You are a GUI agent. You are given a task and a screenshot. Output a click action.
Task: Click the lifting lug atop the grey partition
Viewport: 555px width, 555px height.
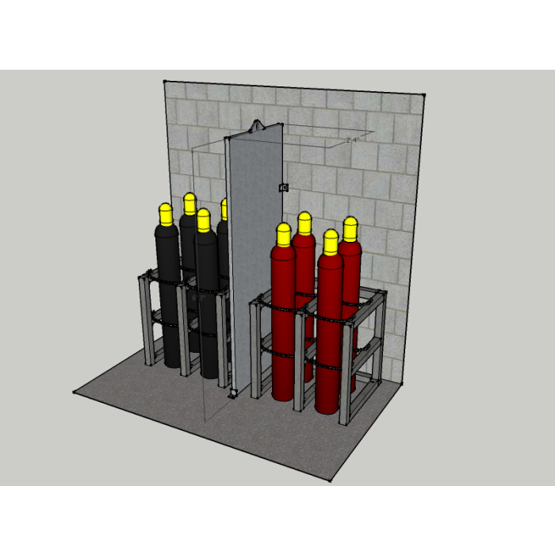[x=258, y=125]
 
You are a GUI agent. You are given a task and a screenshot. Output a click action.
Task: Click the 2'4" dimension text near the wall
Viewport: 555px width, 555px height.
[x=353, y=140]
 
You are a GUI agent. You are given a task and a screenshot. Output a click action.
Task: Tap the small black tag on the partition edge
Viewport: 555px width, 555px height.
[x=283, y=187]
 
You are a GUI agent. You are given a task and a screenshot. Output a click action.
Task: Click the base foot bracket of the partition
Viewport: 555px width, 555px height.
[x=233, y=392]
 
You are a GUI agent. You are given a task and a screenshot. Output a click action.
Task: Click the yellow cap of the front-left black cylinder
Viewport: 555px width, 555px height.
[x=166, y=213]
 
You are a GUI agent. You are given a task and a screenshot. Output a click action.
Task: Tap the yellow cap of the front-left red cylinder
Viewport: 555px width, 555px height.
[x=284, y=234]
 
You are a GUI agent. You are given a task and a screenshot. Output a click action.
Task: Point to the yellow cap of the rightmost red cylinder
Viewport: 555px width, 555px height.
[x=350, y=228]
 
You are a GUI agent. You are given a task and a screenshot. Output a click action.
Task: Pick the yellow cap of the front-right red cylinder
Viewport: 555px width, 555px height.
[x=330, y=241]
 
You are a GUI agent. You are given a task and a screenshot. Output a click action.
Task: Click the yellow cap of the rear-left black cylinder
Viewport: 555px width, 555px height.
[x=189, y=203]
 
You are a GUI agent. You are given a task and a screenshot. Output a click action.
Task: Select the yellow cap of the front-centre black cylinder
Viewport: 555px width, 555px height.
[x=204, y=220]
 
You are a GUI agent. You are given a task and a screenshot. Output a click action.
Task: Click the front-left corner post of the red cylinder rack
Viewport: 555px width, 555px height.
[x=256, y=349]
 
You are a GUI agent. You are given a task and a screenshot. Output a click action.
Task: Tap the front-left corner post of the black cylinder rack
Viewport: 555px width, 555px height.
[x=147, y=321]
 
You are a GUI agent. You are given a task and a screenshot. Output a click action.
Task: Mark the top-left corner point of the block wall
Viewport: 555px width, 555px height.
[x=164, y=81]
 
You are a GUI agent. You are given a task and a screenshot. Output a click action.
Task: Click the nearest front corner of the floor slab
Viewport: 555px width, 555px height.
[x=332, y=481]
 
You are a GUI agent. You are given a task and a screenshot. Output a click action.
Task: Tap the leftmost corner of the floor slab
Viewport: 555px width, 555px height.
[x=75, y=392]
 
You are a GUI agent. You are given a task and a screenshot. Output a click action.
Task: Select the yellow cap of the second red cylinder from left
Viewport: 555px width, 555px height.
[x=304, y=223]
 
